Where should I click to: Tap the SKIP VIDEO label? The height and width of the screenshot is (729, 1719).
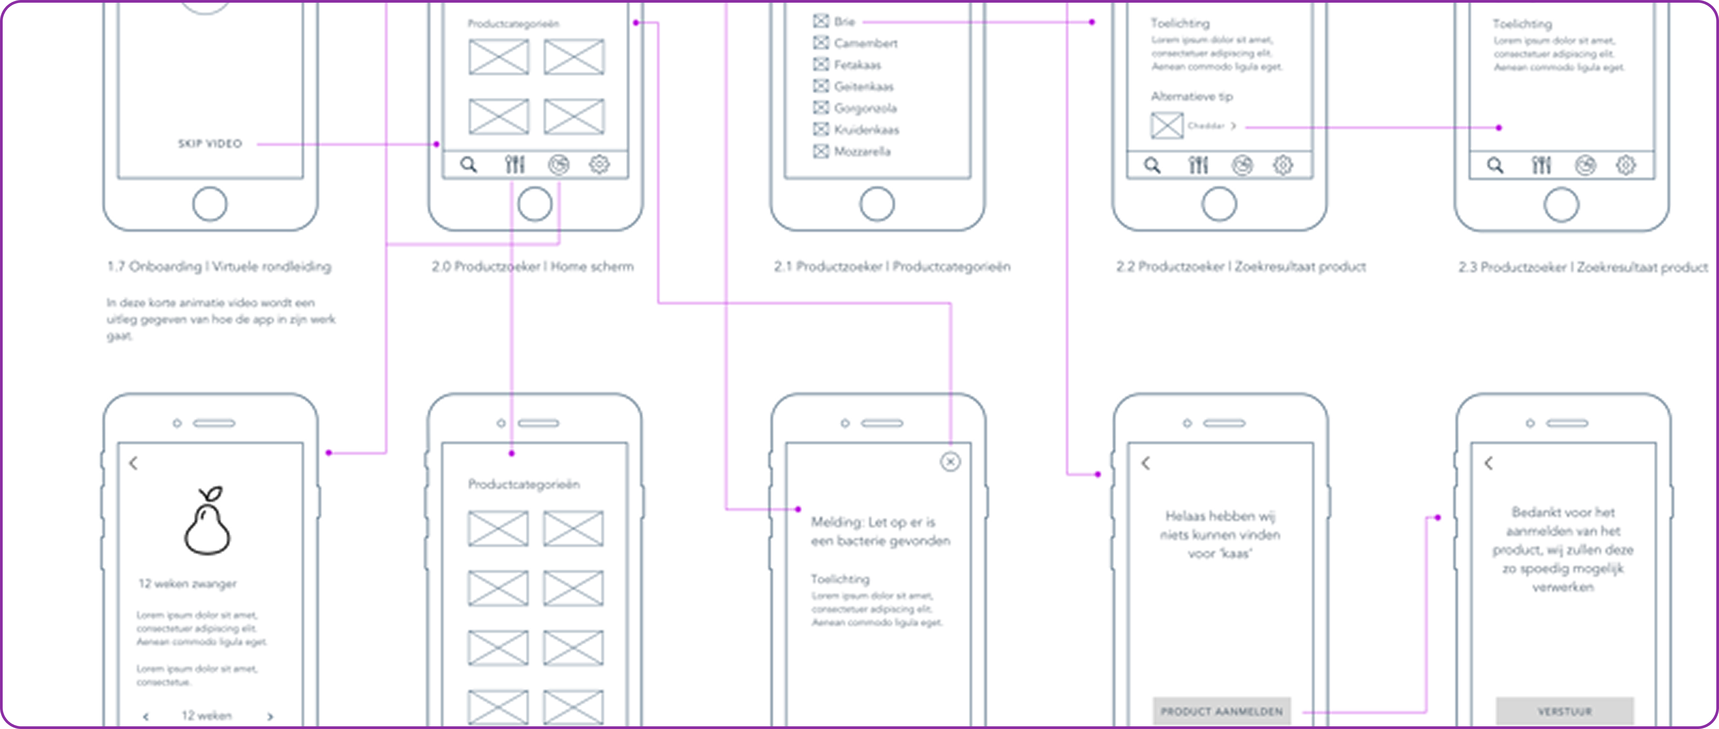[x=210, y=143]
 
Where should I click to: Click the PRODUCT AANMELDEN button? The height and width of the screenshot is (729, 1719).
[x=1221, y=711]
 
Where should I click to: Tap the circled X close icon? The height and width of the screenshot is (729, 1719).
[x=950, y=461]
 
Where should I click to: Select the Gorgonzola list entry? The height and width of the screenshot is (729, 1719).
[x=865, y=108]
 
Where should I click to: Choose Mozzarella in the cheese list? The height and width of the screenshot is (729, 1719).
[x=862, y=152]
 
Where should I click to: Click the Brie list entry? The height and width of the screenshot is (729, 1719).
[x=844, y=22]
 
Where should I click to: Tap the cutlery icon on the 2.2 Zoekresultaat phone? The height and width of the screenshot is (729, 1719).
[x=1198, y=165]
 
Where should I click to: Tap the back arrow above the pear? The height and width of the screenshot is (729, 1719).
[x=134, y=463]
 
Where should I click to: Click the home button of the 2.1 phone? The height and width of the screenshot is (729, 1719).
[x=877, y=204]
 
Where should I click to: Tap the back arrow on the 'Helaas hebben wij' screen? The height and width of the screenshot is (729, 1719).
[x=1146, y=463]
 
